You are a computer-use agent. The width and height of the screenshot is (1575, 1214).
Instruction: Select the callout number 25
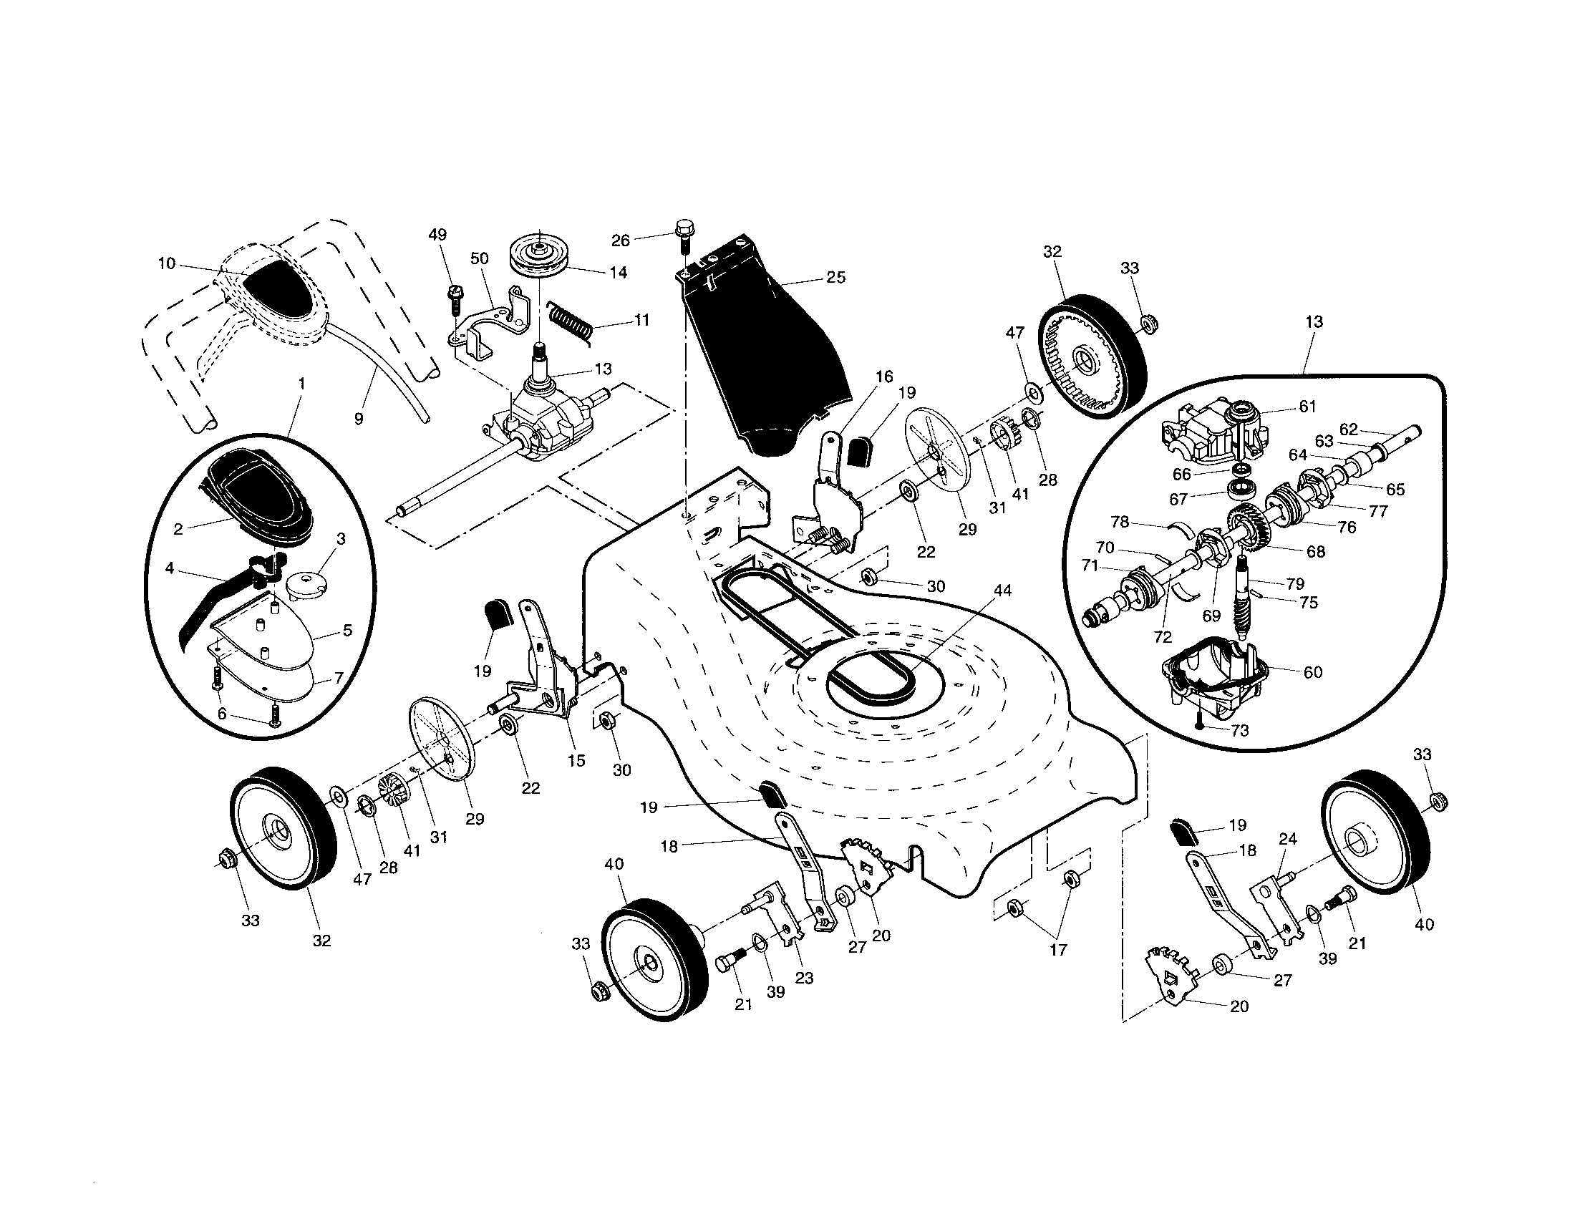[835, 278]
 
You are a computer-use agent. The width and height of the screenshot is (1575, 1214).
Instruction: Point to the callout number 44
[1002, 591]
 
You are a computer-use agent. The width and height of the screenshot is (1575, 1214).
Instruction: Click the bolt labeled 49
[455, 296]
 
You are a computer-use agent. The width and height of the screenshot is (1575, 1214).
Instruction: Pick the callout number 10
[167, 264]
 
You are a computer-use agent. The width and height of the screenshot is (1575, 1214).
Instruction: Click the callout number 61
[1307, 407]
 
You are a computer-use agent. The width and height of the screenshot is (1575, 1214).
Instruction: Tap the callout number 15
[576, 761]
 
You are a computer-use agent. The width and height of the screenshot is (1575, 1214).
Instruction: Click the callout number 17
[1058, 950]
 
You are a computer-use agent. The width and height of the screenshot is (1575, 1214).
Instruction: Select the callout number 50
[480, 259]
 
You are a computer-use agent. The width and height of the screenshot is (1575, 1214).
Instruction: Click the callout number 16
[884, 377]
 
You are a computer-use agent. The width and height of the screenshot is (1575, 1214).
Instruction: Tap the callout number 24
[1288, 839]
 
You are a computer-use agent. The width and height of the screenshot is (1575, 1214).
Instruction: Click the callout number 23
[804, 979]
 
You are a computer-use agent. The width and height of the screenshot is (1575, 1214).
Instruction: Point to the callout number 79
[1294, 583]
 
